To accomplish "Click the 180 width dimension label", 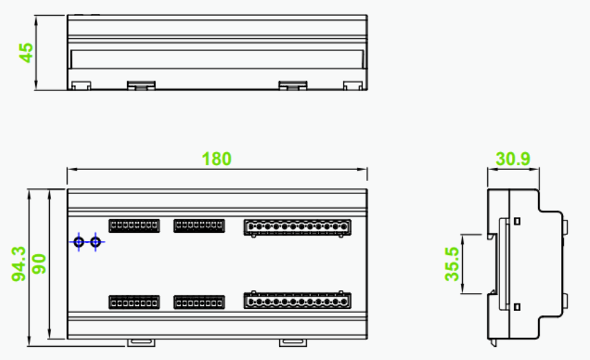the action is tap(217, 159).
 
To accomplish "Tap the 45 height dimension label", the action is tap(26, 53).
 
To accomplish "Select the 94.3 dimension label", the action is tap(19, 264).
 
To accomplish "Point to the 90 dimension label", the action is tap(39, 264).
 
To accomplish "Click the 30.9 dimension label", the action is tap(513, 159).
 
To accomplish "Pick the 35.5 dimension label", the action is tap(452, 264).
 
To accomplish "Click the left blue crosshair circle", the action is tap(79, 242).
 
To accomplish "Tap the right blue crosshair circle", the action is tap(95, 242).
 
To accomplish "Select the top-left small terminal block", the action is tap(134, 226).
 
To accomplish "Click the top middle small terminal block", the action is tap(199, 226).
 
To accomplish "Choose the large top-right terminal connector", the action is tap(297, 228).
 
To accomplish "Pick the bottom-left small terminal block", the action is tap(134, 303).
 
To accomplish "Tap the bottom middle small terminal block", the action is tap(199, 303).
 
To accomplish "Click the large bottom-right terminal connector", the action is tap(297, 300).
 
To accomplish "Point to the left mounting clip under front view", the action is tap(141, 342).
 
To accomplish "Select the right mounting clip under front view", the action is tap(293, 342).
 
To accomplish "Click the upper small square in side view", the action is tap(517, 221).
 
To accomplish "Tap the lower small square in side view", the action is tap(517, 307).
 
